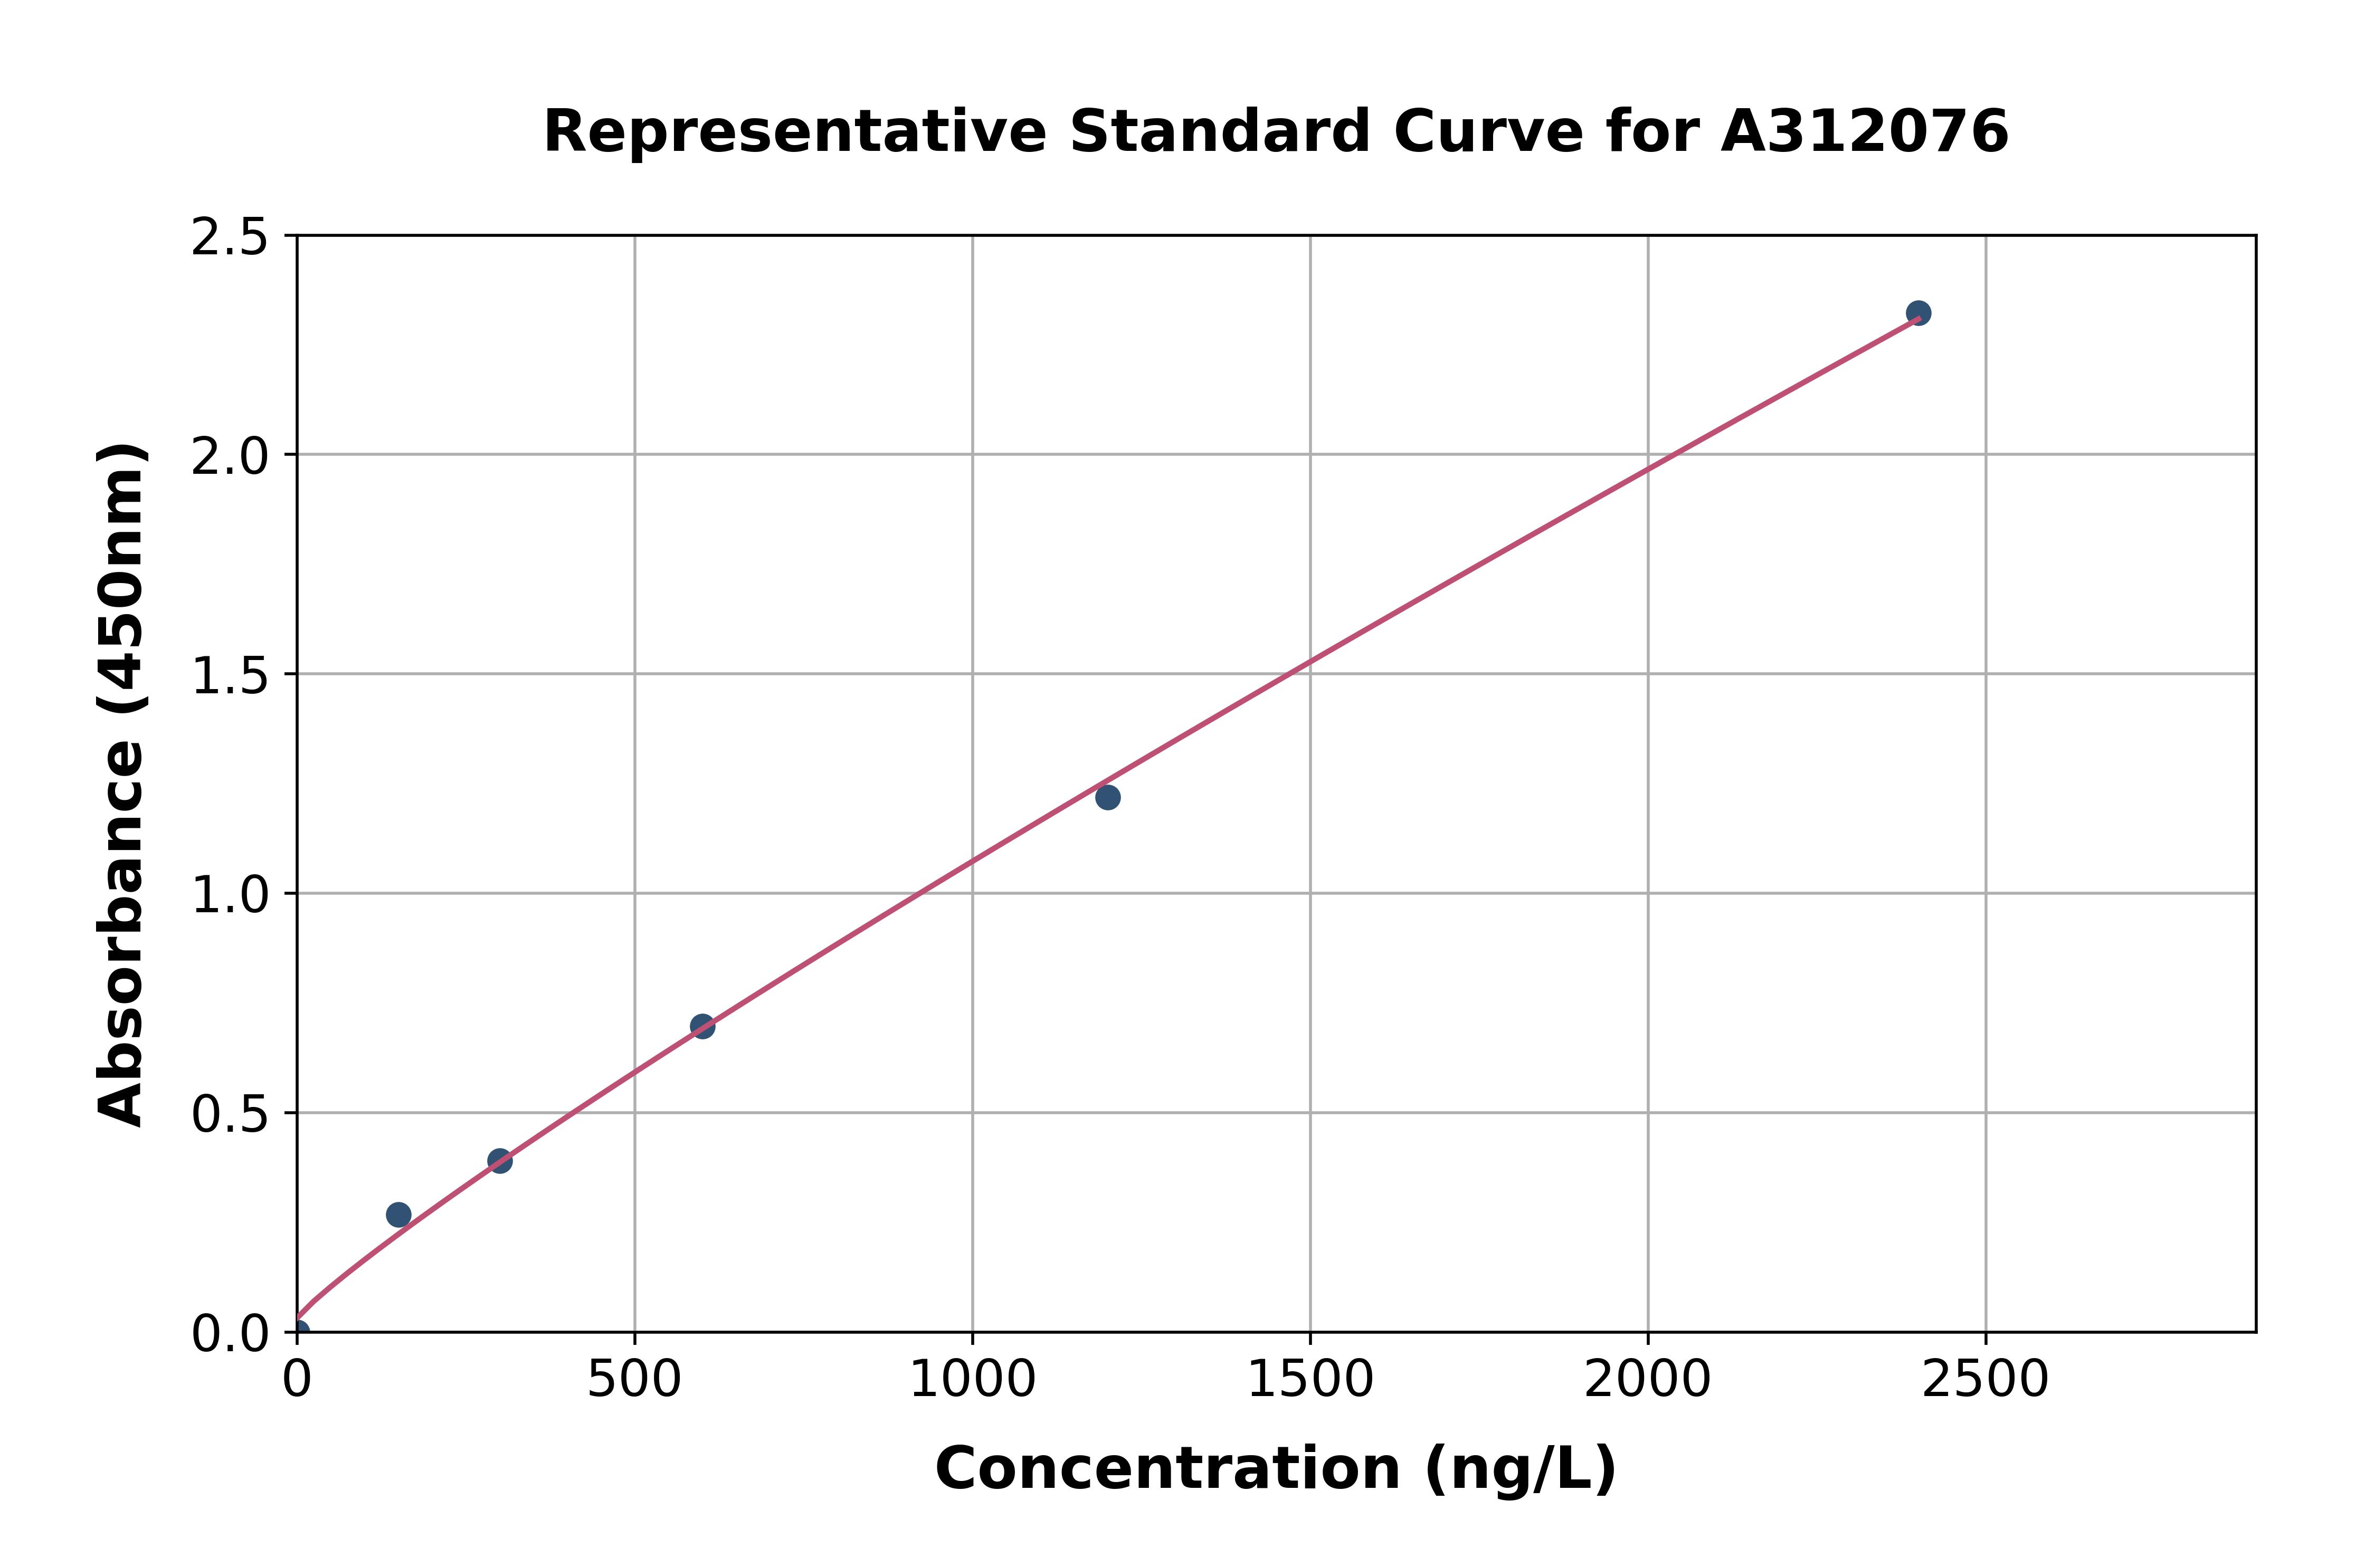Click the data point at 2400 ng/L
pyautogui.click(x=1918, y=313)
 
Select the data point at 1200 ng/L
pyautogui.click(x=1107, y=798)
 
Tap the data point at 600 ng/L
pyautogui.click(x=702, y=1026)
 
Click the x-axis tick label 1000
pyautogui.click(x=972, y=1380)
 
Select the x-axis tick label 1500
pyautogui.click(x=1309, y=1380)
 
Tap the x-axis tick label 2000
pyautogui.click(x=1647, y=1380)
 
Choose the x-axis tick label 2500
pyautogui.click(x=1985, y=1380)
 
